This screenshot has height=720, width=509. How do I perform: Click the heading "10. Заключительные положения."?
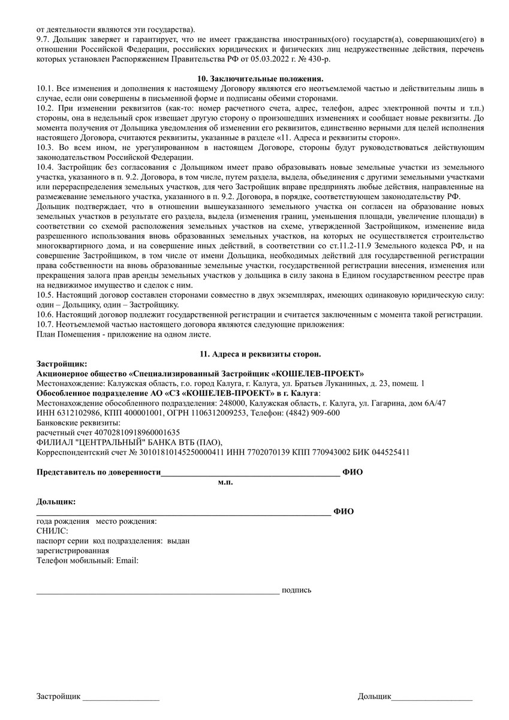coord(260,79)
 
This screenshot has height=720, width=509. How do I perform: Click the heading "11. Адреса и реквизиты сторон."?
coord(260,353)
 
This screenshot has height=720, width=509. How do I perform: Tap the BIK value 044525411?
coord(390,452)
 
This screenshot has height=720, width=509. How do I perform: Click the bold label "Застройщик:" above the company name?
coord(62,364)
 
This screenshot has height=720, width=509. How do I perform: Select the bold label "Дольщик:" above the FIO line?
coord(56,501)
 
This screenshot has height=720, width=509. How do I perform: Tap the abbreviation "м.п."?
coord(225,482)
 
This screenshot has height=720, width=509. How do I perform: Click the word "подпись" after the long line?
coord(296,590)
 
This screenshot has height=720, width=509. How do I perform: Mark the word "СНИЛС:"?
coord(53,531)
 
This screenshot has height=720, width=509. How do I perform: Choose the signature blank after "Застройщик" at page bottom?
coord(121,698)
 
